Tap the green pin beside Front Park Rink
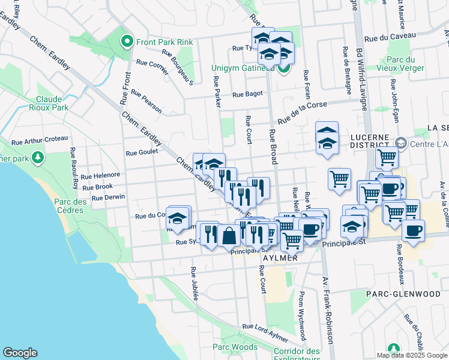point(127,42)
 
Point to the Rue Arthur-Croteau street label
point(40,140)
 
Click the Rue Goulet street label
point(142,152)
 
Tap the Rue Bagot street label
point(248,94)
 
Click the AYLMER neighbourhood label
point(280,258)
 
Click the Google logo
point(20,353)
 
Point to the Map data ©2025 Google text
point(411,355)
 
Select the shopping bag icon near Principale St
point(229,235)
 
